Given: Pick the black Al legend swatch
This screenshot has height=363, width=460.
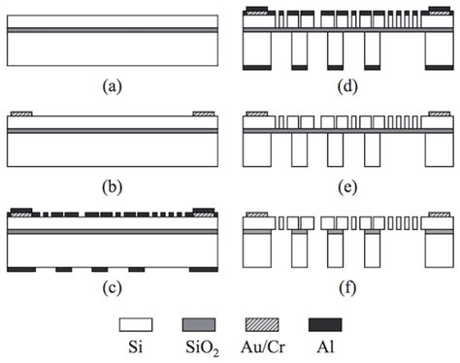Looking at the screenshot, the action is coord(343,323).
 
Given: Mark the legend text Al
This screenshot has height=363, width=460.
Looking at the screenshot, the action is coord(343,346).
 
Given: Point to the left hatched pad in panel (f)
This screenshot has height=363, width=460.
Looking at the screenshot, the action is coord(256,213).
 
